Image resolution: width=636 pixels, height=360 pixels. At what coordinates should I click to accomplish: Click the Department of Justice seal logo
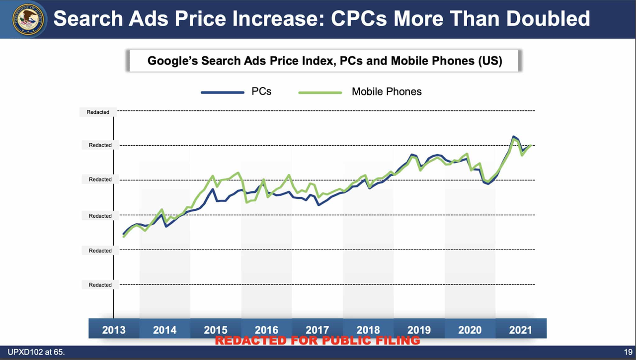coord(28,19)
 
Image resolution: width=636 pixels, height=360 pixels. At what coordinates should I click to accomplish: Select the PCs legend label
coord(261,91)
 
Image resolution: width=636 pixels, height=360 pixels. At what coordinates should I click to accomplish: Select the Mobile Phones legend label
coord(387,91)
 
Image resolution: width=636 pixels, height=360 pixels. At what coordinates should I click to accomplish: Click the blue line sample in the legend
coord(222,92)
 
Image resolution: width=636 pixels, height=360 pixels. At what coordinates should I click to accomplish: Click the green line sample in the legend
coord(319,92)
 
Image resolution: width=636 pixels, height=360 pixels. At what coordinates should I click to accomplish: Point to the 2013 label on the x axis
coord(114,330)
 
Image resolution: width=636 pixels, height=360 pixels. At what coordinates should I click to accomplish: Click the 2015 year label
coord(216,330)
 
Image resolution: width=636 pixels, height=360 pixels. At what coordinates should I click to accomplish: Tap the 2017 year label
coord(317,330)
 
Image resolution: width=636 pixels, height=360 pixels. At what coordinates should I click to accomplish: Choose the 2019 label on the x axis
coord(419,330)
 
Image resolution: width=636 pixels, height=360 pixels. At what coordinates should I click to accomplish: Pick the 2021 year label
coord(520,330)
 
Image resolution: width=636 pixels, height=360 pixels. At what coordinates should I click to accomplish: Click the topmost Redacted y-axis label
coord(98,112)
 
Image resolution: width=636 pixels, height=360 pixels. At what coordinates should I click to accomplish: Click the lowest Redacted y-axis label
coord(100,285)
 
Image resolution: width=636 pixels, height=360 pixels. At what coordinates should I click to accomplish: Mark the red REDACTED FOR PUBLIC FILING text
coord(317,341)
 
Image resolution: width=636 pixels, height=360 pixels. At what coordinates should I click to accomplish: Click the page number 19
coord(628,353)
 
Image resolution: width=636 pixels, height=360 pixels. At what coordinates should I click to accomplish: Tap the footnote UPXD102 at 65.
coord(36,353)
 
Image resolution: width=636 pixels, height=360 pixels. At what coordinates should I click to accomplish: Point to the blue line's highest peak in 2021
coord(514,136)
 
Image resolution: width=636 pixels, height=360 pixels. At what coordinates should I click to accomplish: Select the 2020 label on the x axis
coord(470,330)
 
